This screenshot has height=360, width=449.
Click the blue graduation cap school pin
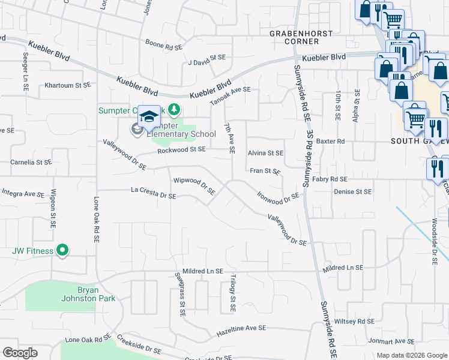(149, 116)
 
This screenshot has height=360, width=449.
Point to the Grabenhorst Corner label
(294, 37)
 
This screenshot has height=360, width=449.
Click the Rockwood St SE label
(181, 149)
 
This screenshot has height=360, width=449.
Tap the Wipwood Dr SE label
(194, 186)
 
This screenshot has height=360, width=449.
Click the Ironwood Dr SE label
(277, 196)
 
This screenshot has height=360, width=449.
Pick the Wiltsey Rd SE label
(354, 321)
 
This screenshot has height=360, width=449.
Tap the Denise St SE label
(353, 192)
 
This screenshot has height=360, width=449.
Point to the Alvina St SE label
(265, 154)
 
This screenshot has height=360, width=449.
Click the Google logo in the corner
(20, 353)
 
